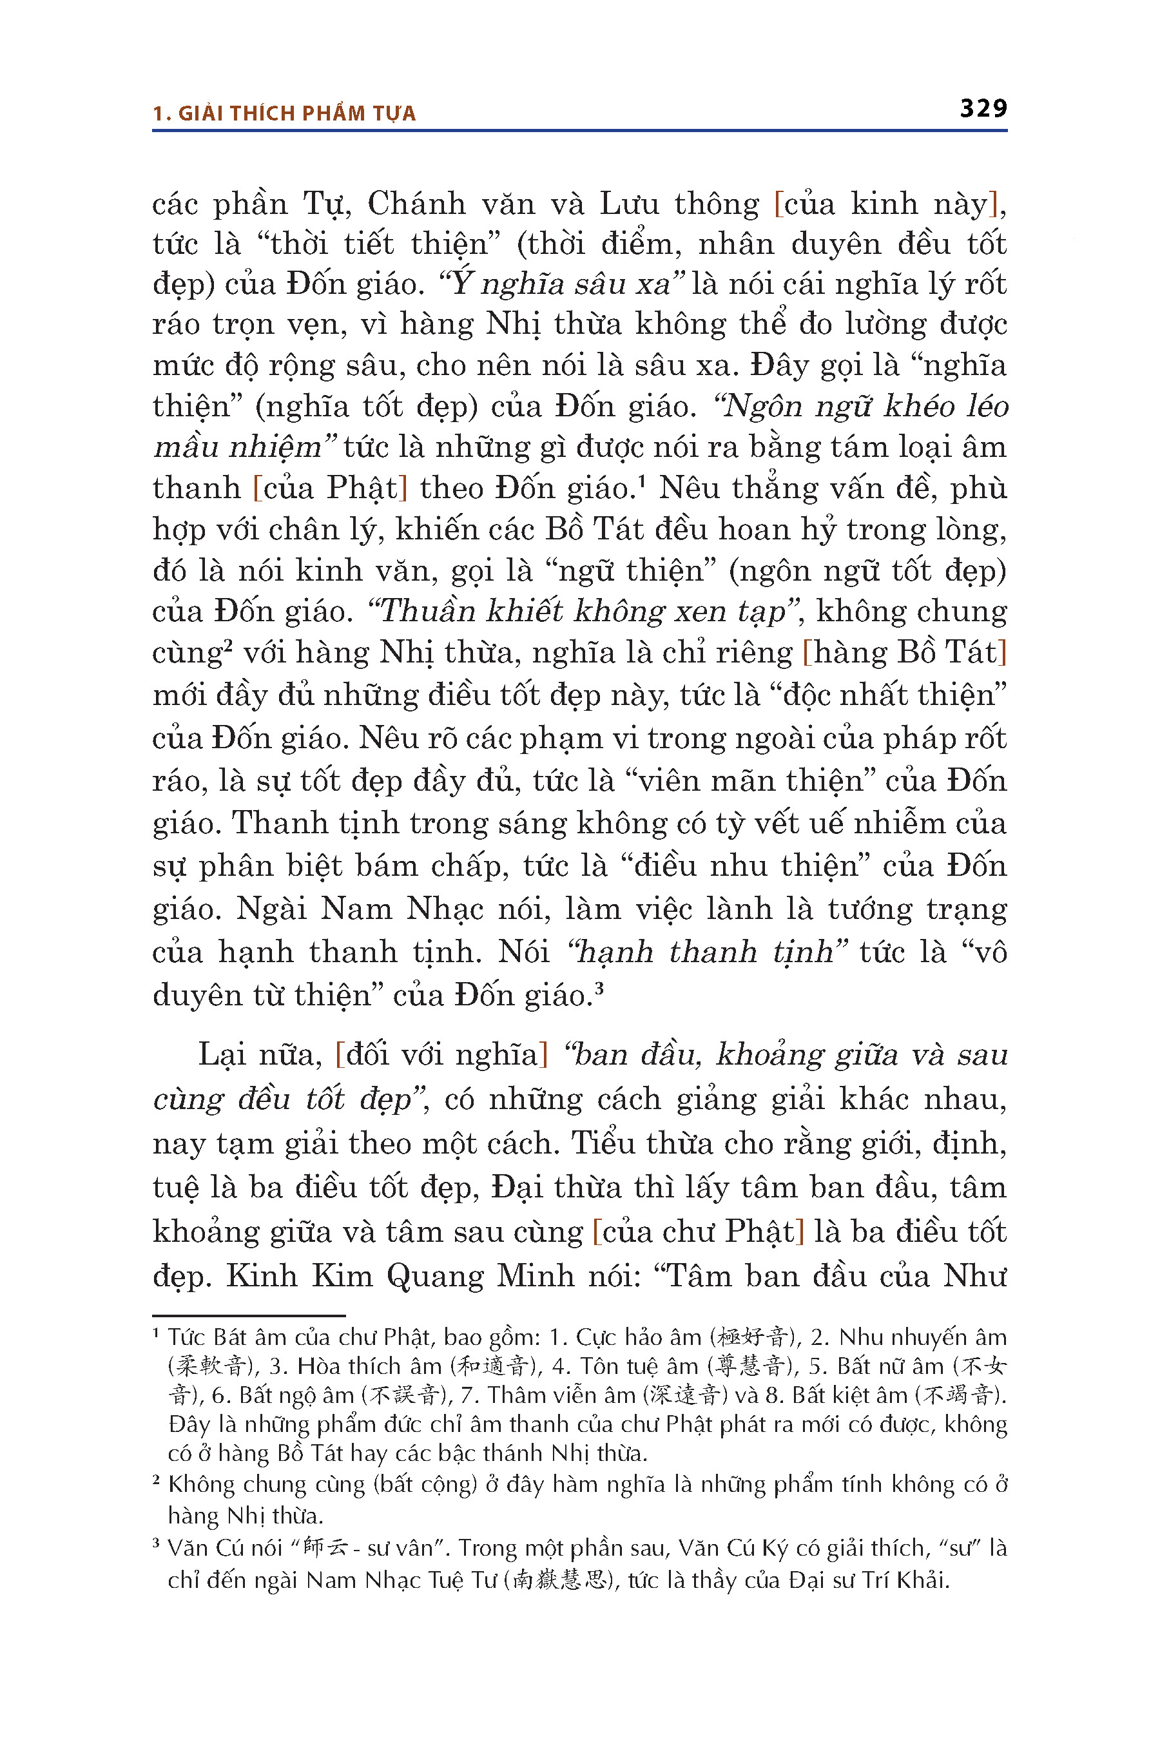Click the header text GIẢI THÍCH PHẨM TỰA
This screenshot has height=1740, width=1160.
pos(296,113)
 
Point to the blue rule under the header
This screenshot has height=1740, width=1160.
pos(579,131)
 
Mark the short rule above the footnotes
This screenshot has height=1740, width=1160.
pos(249,1316)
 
